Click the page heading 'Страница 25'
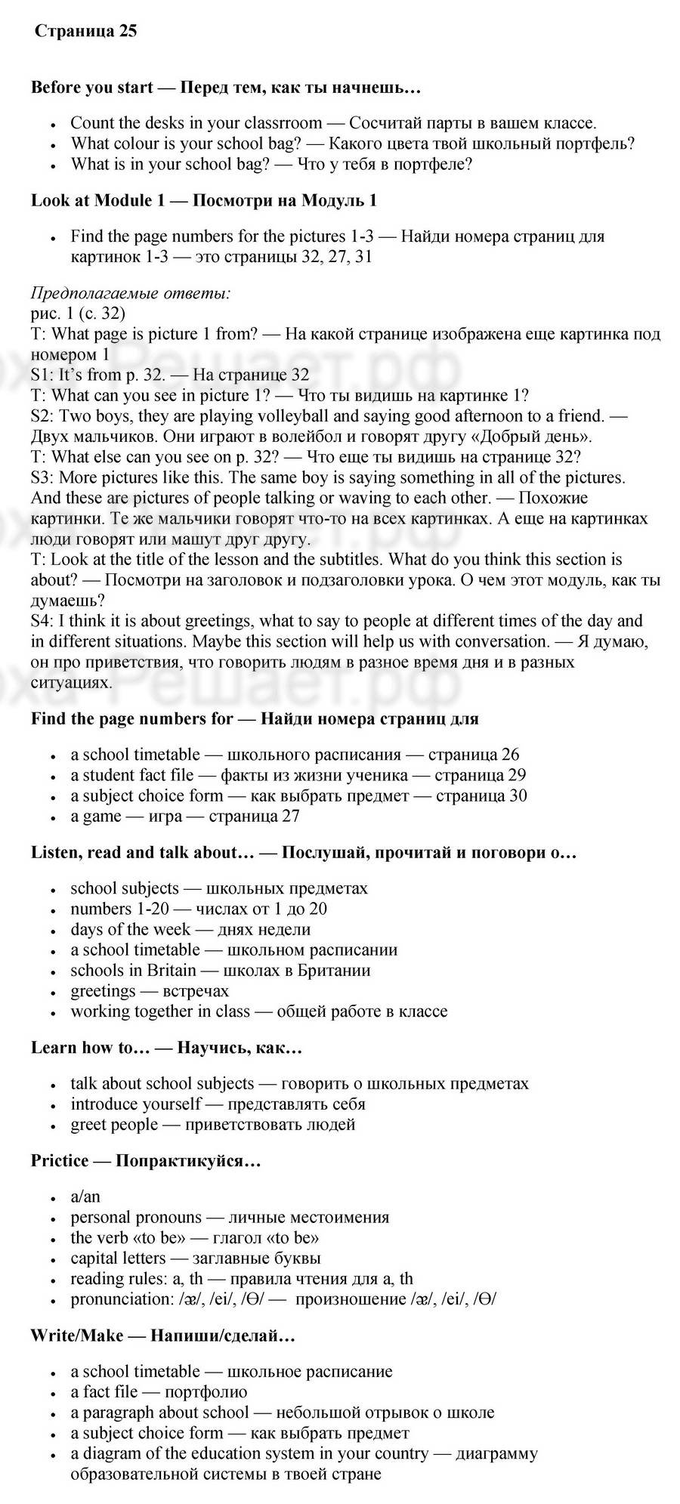85,32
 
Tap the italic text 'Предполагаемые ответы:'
131,293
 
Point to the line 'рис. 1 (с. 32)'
78,313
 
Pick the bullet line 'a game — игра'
185,816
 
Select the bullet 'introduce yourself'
136,1104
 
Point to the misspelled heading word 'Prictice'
60,1161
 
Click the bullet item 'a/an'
85,1197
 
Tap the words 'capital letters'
118,1258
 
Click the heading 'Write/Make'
76,1336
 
